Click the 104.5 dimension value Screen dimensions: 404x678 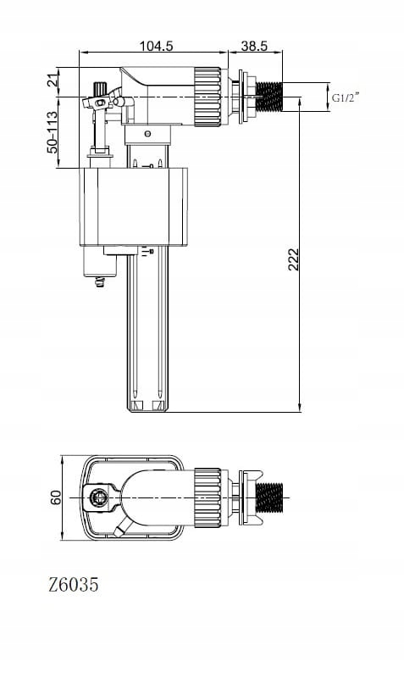156,46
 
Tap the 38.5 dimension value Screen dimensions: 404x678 254,46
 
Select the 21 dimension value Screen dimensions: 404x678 53,81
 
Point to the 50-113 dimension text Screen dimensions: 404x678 53,132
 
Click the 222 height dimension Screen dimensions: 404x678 293,259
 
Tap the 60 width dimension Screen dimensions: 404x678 56,497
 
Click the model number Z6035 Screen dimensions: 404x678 74,585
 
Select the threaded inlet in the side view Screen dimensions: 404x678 268,97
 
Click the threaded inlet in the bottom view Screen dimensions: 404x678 269,497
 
